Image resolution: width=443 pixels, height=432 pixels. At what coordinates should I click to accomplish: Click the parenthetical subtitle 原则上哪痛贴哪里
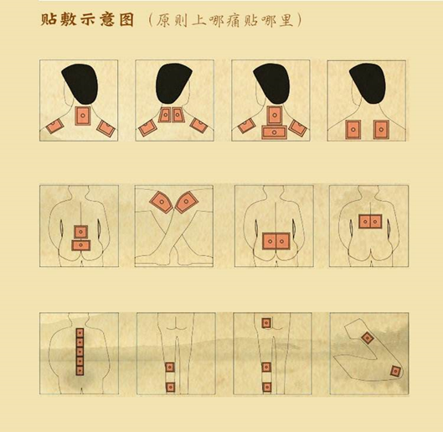(224, 19)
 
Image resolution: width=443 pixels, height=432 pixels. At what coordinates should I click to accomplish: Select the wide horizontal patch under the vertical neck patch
(273, 131)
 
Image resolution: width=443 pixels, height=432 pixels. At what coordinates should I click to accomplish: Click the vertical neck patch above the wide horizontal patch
(273, 115)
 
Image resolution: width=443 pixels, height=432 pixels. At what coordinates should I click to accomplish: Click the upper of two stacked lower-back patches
(80, 231)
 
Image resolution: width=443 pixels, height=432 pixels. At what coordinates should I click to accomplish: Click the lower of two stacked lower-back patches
(80, 245)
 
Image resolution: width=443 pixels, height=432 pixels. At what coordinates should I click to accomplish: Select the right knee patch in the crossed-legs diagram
(187, 202)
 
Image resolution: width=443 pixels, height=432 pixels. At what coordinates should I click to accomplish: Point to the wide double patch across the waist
(273, 241)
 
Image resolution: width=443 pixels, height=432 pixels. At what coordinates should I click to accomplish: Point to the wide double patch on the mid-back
(369, 221)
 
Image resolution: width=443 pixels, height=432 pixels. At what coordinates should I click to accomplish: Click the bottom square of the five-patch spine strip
(80, 375)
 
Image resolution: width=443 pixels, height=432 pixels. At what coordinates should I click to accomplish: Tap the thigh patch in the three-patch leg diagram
(266, 322)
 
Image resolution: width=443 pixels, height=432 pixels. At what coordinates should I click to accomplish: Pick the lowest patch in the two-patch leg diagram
(170, 386)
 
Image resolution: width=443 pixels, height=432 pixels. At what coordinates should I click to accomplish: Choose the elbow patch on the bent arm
(368, 337)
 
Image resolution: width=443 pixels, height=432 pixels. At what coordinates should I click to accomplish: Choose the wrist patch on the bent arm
(395, 372)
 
